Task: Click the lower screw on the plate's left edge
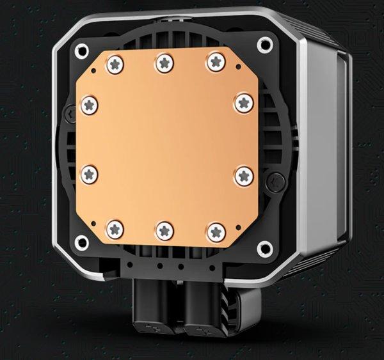(89, 173)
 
